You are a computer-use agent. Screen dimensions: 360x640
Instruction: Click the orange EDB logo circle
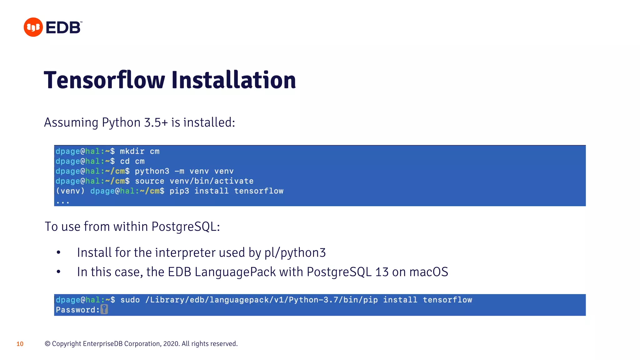[x=33, y=27]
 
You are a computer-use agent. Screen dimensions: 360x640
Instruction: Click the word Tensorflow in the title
[x=104, y=80]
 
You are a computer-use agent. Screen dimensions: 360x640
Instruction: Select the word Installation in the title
[x=233, y=80]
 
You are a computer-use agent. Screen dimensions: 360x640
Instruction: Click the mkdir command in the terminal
[x=132, y=152]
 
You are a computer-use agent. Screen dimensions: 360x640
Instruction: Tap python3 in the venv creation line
[x=152, y=171]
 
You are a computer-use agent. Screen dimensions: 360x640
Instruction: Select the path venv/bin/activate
[x=212, y=181]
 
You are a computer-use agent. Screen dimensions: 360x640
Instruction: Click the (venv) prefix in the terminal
[x=70, y=191]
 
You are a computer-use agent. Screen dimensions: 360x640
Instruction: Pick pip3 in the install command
[x=179, y=191]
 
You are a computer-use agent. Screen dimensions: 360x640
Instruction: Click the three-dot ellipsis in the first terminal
[x=63, y=202]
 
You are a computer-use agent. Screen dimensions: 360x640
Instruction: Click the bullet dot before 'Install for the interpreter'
[x=58, y=252]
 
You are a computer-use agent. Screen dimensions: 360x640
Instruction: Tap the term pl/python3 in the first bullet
[x=295, y=253]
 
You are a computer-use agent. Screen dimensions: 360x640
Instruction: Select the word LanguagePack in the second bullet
[x=235, y=272]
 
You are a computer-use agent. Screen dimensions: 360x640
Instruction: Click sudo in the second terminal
[x=130, y=300]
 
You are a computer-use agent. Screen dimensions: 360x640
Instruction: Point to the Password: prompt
[x=77, y=310]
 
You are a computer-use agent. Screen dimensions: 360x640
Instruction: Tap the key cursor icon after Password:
[x=104, y=310]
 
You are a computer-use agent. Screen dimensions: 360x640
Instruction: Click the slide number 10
[x=20, y=344]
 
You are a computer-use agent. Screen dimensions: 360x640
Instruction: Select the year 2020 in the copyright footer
[x=171, y=344]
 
